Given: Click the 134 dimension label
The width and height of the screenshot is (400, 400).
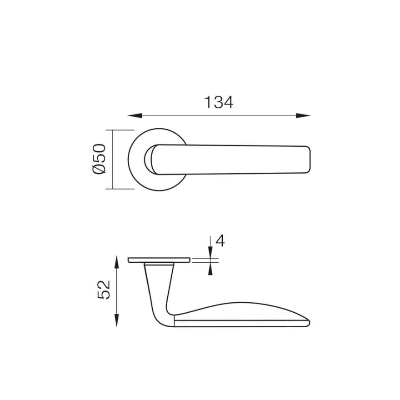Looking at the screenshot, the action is tap(219, 102).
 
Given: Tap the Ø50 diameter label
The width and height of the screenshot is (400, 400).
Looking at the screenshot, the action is tap(99, 159).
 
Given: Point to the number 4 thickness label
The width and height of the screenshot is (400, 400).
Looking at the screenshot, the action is tap(220, 240).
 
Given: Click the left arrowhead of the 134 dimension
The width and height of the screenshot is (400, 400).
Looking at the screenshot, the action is tap(135, 115).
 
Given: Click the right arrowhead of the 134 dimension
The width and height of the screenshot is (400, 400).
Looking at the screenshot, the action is tap(303, 115).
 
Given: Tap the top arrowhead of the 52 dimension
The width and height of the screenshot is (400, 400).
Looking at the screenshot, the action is tap(116, 262).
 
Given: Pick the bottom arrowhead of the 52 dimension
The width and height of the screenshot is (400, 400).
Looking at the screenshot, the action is tap(116, 320).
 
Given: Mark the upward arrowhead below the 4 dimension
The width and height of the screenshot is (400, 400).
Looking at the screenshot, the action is tap(210, 269).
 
